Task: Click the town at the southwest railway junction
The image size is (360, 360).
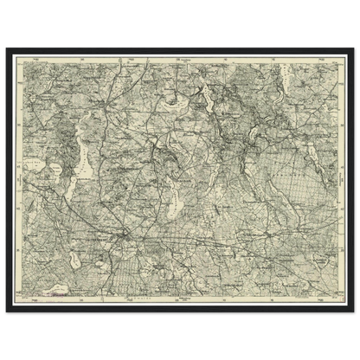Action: (125, 235)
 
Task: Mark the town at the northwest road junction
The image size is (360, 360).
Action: (101, 108)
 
